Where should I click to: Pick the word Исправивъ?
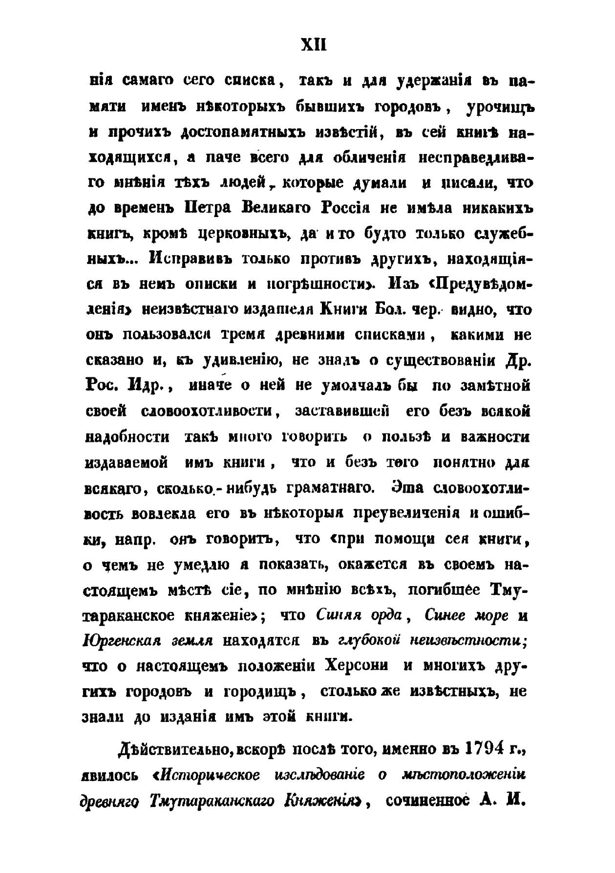(x=186, y=260)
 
